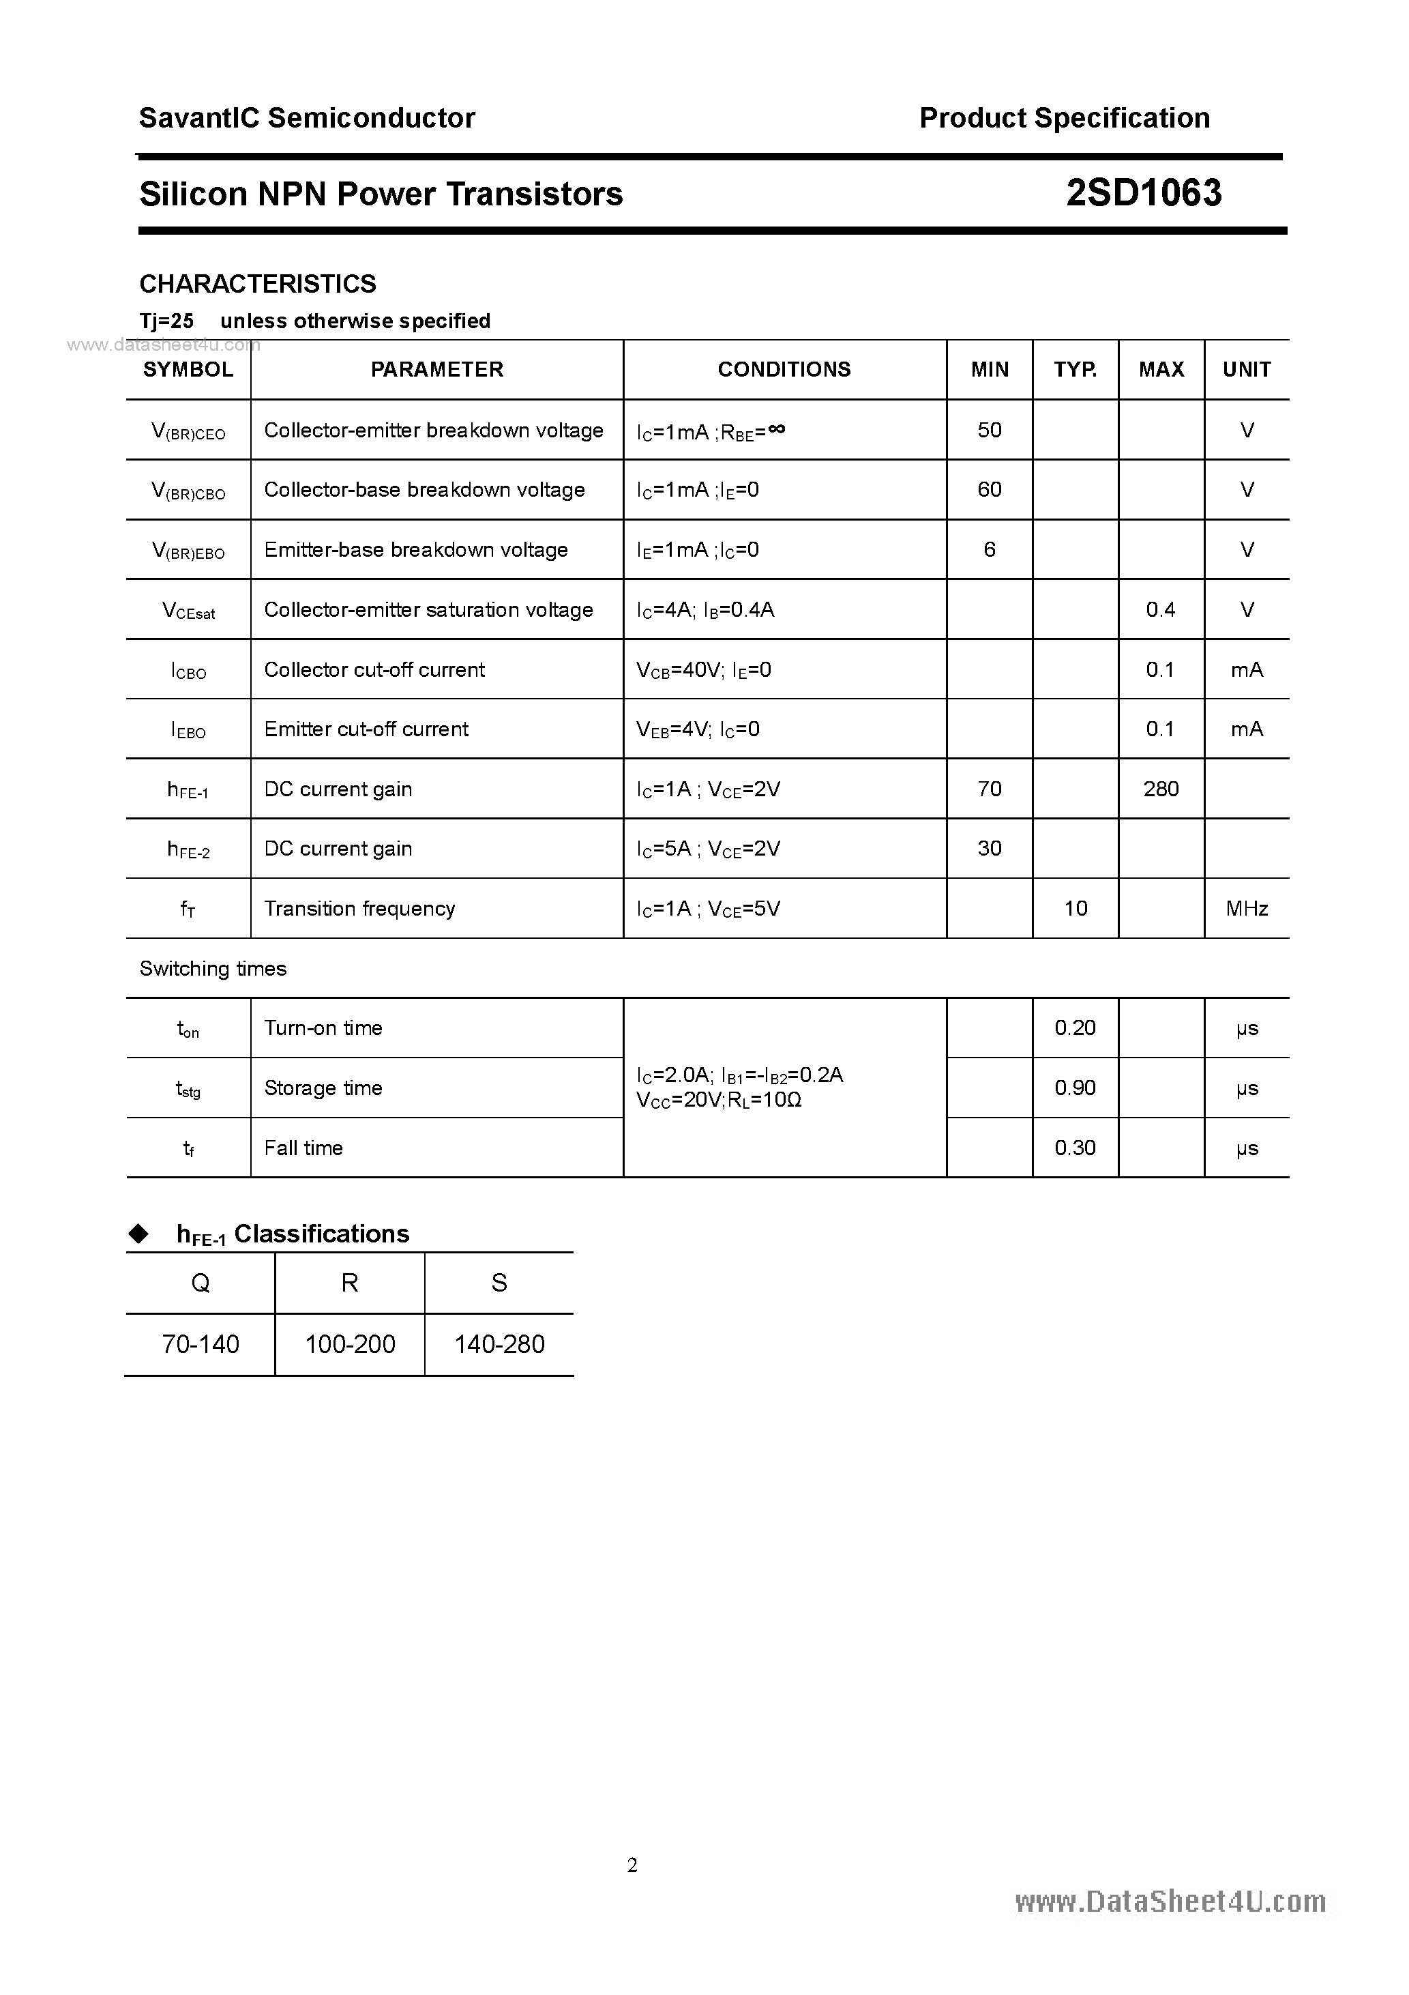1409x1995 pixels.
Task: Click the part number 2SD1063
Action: [x=1143, y=193]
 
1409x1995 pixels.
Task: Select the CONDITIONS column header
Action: [x=784, y=369]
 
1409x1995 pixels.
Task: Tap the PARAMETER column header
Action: [x=437, y=369]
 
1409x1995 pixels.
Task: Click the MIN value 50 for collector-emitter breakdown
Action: [x=990, y=430]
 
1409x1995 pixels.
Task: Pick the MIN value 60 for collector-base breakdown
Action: [x=990, y=489]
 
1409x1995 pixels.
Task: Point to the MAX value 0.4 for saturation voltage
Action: [x=1161, y=609]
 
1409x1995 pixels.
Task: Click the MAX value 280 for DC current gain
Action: [x=1161, y=789]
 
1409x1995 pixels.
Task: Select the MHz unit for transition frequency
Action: [x=1247, y=909]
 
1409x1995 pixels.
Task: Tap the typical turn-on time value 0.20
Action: [x=1075, y=1028]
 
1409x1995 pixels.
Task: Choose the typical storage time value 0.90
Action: [x=1075, y=1088]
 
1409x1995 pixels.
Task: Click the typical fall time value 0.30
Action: [x=1075, y=1148]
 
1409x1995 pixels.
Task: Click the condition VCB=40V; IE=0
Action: [x=704, y=670]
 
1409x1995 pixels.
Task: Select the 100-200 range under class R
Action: [x=350, y=1344]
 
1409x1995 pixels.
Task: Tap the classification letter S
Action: [x=499, y=1283]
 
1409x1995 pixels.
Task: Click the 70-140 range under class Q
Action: [x=201, y=1344]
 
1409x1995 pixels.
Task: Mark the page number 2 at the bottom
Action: [x=632, y=1865]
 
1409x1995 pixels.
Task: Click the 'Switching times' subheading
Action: [x=213, y=969]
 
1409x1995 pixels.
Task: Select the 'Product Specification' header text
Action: [x=1064, y=118]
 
